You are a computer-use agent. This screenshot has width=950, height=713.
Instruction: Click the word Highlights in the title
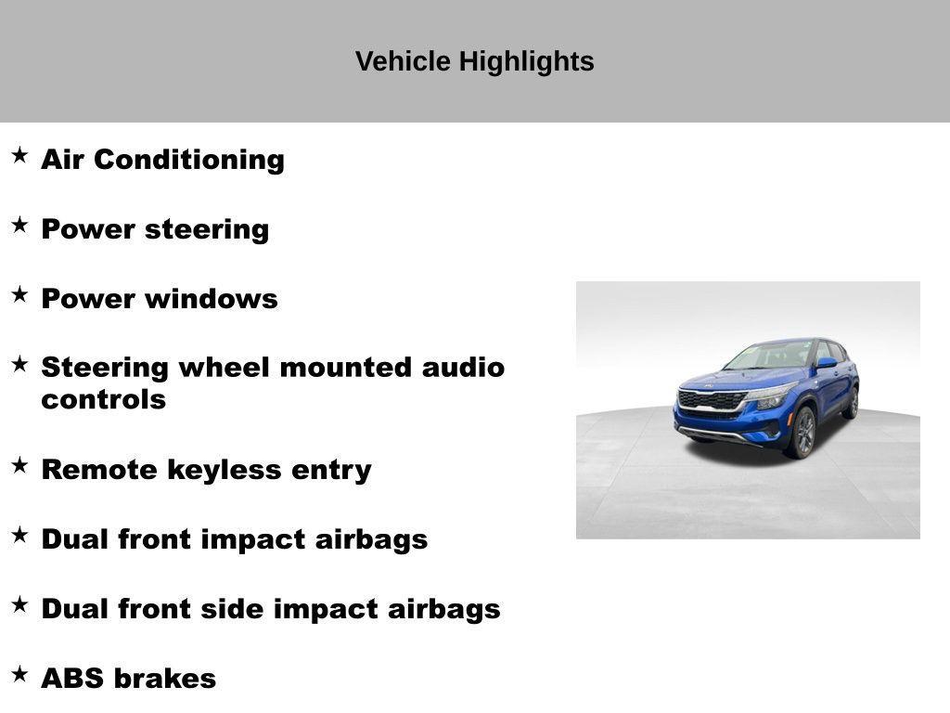[x=527, y=62]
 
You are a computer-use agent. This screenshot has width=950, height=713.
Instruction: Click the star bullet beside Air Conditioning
[x=20, y=155]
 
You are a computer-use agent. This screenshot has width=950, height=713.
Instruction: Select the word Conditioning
[x=189, y=160]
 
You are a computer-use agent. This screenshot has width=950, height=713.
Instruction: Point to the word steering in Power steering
[x=207, y=230]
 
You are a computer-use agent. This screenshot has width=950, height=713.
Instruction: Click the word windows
[x=211, y=299]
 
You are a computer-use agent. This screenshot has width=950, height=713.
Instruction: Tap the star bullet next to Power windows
[x=20, y=294]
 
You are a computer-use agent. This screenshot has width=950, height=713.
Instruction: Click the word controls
[x=104, y=400]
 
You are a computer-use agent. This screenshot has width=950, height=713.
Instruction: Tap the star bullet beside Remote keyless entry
[x=20, y=466]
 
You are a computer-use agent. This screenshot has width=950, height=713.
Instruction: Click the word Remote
[x=99, y=470]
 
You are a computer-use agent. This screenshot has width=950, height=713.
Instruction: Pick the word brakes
[x=165, y=679]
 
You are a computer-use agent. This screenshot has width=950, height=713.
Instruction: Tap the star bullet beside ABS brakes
[x=20, y=674]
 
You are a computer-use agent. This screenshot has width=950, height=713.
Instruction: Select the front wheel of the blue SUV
[x=802, y=433]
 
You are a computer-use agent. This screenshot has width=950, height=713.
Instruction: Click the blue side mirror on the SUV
[x=827, y=363]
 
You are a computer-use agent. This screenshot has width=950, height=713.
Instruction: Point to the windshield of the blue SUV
[x=768, y=356]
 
